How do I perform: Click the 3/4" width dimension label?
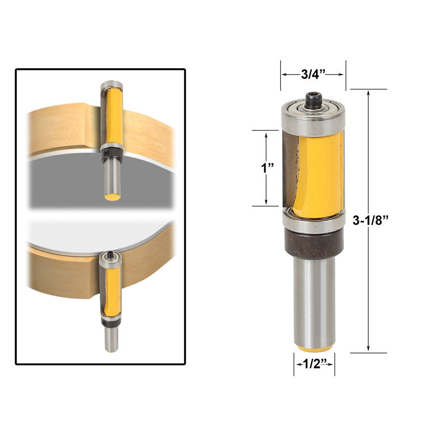[x=313, y=74]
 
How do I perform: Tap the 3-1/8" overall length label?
[x=370, y=220]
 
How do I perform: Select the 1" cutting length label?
[x=267, y=168]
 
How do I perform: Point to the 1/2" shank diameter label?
[x=314, y=364]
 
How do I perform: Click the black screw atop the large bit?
[x=313, y=100]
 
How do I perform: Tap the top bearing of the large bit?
[x=313, y=117]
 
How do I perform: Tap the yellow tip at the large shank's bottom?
[x=314, y=348]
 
